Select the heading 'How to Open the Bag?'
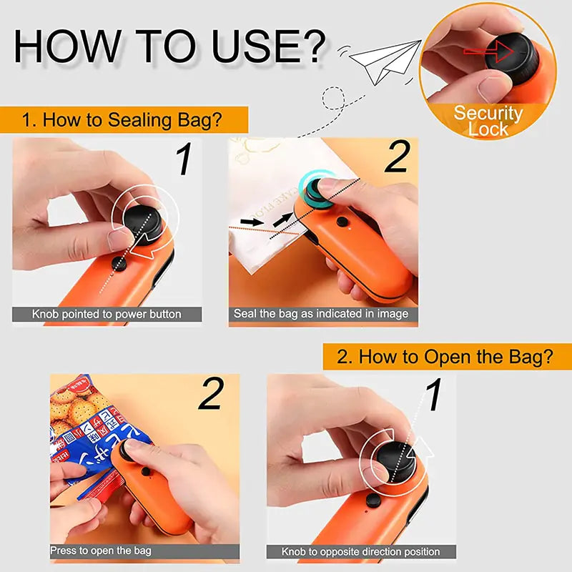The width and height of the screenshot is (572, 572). [x=444, y=357]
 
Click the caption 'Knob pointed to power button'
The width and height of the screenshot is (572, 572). [x=107, y=314]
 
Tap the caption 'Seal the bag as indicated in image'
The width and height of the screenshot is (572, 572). [x=321, y=314]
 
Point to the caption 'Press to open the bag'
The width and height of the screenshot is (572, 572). [x=101, y=551]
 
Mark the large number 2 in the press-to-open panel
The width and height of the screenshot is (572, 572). [x=211, y=395]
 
